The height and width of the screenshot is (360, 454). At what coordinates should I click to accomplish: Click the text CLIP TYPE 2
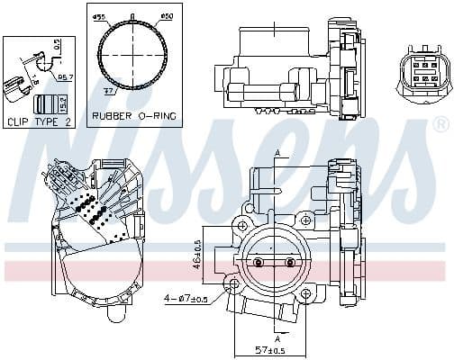pos(39,121)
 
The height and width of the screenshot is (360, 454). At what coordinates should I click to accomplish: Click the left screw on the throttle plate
pos(259,263)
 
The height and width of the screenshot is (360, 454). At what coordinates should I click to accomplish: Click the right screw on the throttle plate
pos(290,263)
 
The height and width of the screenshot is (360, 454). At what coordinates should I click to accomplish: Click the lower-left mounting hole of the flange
pos(236,286)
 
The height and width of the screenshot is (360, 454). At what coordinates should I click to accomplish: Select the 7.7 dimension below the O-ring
pos(110,92)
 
